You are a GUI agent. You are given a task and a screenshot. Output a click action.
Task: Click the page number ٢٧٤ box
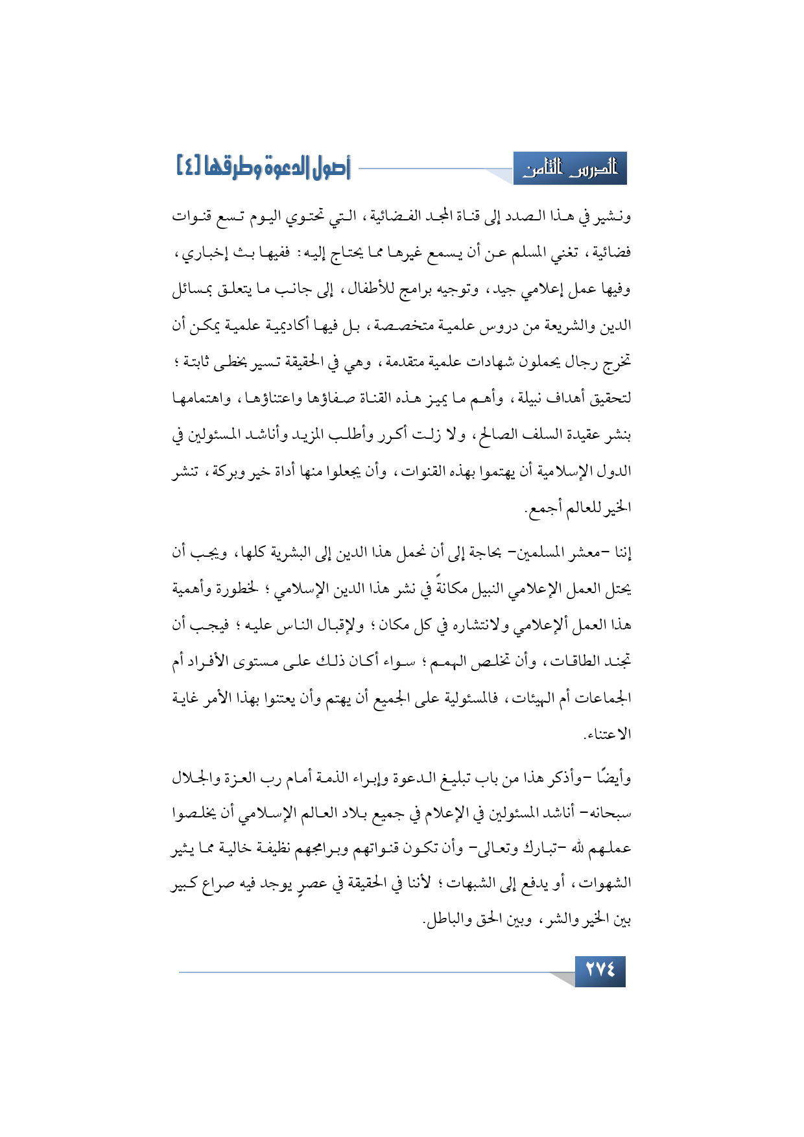pos(600,970)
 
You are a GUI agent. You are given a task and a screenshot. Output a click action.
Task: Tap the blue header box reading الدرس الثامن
pos(570,169)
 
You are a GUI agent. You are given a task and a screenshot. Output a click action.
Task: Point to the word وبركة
pos(236,471)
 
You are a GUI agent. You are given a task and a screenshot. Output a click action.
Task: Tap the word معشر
pos(585,553)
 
